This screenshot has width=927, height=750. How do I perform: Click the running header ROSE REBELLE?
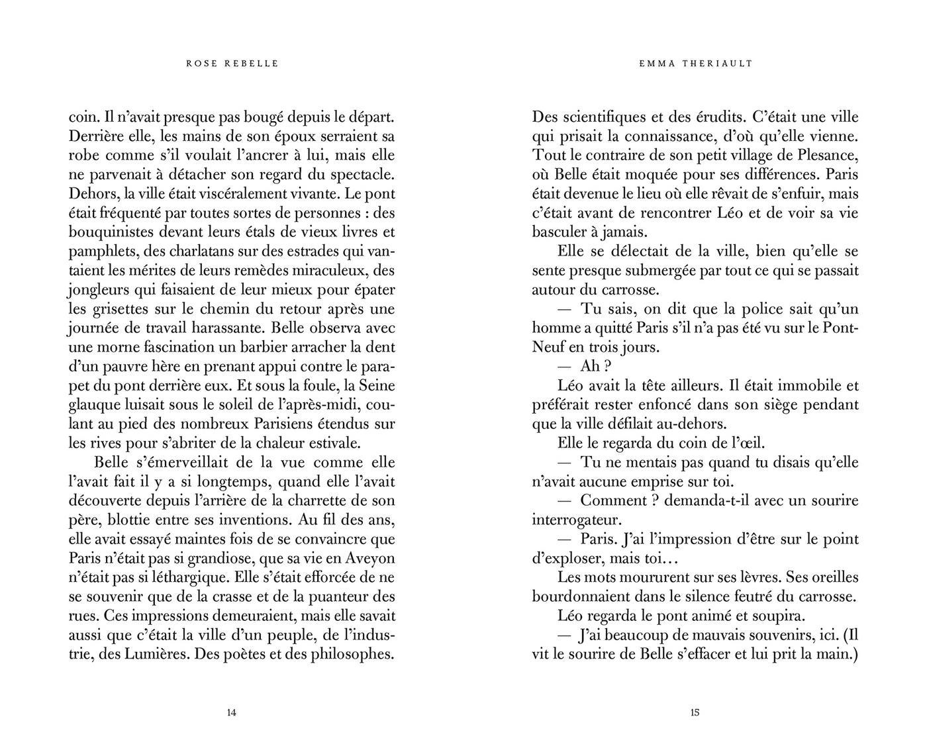(232, 64)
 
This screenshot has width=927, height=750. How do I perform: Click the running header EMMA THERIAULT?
(696, 64)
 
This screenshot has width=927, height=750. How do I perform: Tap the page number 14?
(231, 713)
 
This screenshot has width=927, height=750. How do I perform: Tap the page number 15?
(695, 713)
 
